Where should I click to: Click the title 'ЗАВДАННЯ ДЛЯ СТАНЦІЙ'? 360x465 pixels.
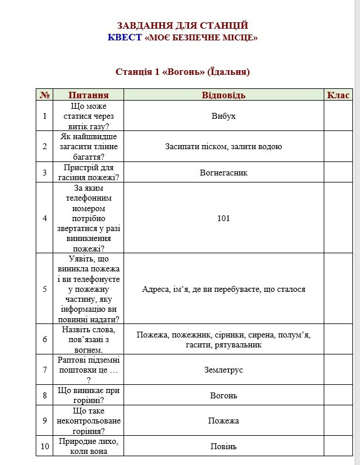183,26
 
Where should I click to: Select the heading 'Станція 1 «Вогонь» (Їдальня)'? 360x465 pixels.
183,72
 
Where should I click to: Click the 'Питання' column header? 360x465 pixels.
88,95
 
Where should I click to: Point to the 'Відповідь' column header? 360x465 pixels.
224,95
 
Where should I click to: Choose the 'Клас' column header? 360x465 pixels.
338,95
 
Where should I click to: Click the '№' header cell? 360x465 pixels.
44,95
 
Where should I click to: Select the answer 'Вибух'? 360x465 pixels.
224,116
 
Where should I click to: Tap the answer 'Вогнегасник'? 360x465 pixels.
224,173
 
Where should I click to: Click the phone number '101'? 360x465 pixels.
224,218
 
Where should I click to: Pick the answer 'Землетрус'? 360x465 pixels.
224,370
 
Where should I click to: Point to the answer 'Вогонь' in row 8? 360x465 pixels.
224,395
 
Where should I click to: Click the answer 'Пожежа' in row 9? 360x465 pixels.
224,421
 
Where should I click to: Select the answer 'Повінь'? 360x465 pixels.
224,446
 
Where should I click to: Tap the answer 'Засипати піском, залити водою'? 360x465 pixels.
224,146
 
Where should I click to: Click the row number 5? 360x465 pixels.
44,289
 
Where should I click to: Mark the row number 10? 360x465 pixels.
44,446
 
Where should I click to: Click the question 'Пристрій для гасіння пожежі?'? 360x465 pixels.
88,173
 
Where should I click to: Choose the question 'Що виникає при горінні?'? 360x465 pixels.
88,395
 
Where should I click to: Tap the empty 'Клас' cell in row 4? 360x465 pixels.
338,218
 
